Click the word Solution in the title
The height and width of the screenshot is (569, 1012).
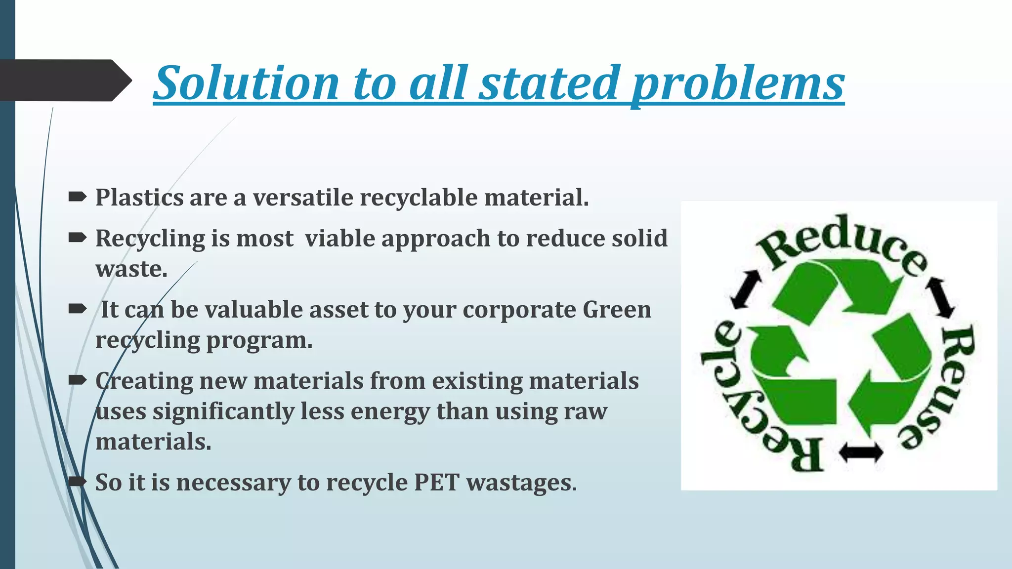pyautogui.click(x=246, y=82)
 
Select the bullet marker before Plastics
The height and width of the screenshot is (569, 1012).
pyautogui.click(x=77, y=198)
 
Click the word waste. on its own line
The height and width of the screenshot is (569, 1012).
pyautogui.click(x=131, y=269)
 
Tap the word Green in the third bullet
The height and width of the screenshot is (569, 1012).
pyautogui.click(x=617, y=310)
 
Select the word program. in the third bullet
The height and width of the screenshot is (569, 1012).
pyautogui.click(x=259, y=340)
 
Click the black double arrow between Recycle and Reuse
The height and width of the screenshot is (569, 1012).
pyautogui.click(x=861, y=452)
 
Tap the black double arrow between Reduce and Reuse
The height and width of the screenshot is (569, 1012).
pyautogui.click(x=940, y=298)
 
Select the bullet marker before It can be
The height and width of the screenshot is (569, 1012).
pyautogui.click(x=77, y=310)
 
